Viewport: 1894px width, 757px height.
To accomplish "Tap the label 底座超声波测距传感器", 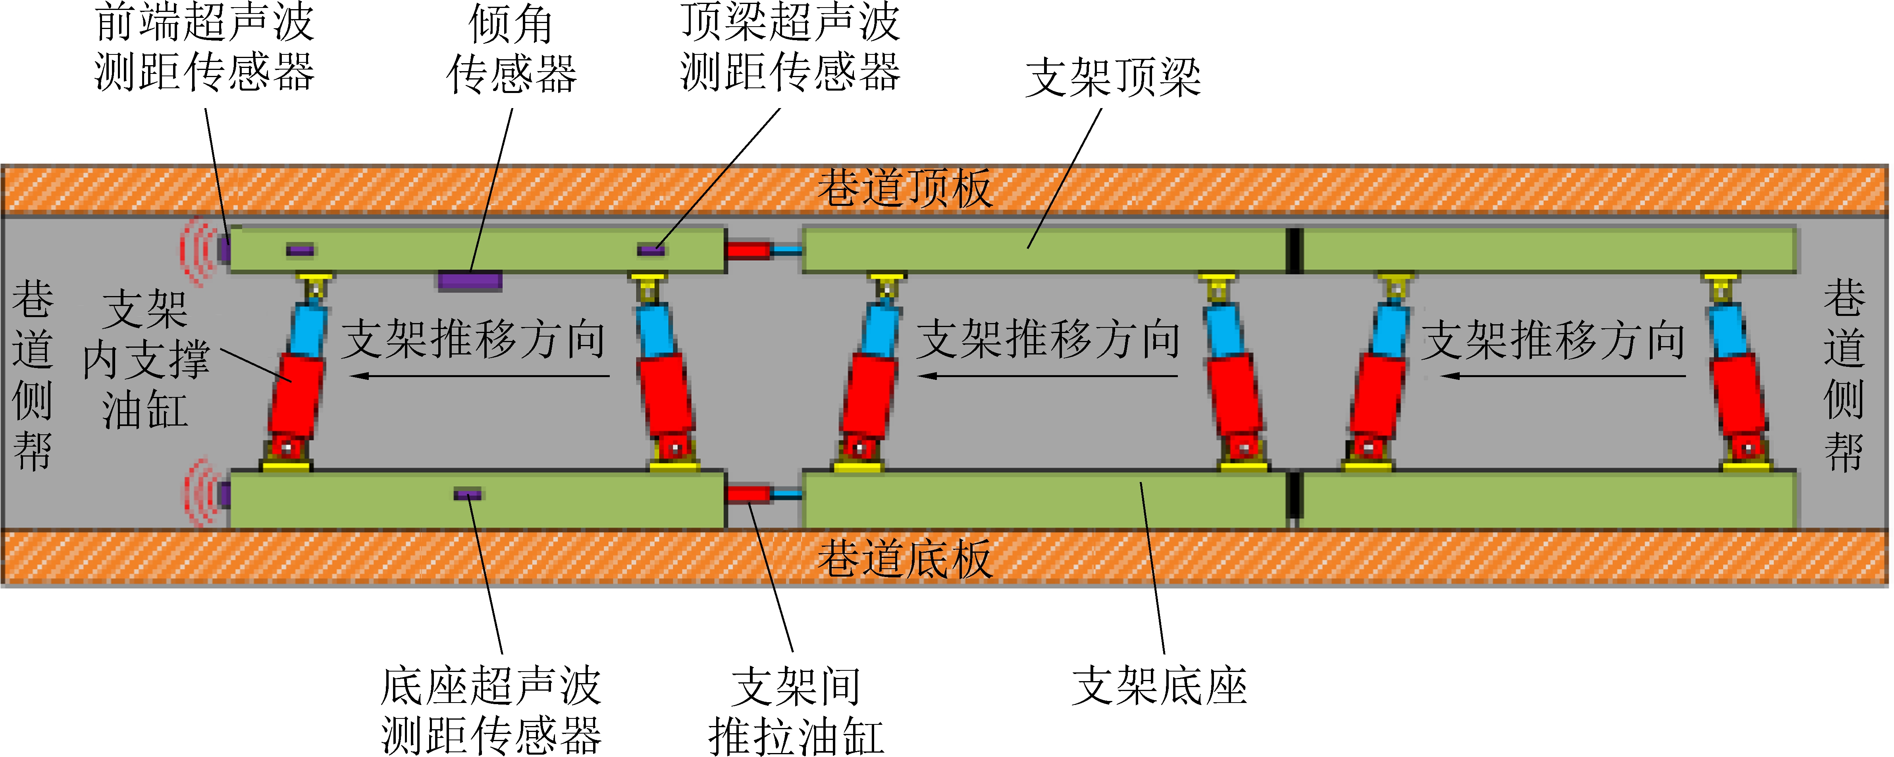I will point(490,711).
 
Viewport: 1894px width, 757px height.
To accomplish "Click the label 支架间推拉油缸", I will point(796,711).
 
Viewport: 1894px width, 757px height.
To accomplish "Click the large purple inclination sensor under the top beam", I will point(470,280).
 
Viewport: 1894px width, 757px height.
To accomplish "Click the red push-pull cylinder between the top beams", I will point(748,250).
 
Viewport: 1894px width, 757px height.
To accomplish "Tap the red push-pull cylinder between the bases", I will point(748,493).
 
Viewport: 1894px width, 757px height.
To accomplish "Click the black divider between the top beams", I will point(1294,250).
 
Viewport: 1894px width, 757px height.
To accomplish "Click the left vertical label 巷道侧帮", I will point(32,375).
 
